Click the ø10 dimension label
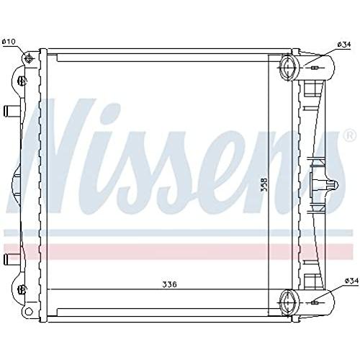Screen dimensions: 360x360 click(9, 42)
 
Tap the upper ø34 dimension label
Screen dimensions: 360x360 click(344, 45)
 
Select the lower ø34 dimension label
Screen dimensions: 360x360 click(351, 281)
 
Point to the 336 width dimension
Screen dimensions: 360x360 click(169, 284)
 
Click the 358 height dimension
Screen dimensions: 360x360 click(264, 184)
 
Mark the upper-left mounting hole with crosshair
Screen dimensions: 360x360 click(29, 58)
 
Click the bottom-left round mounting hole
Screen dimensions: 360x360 click(29, 312)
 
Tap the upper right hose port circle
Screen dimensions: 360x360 click(289, 68)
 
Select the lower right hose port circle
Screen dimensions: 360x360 click(289, 302)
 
